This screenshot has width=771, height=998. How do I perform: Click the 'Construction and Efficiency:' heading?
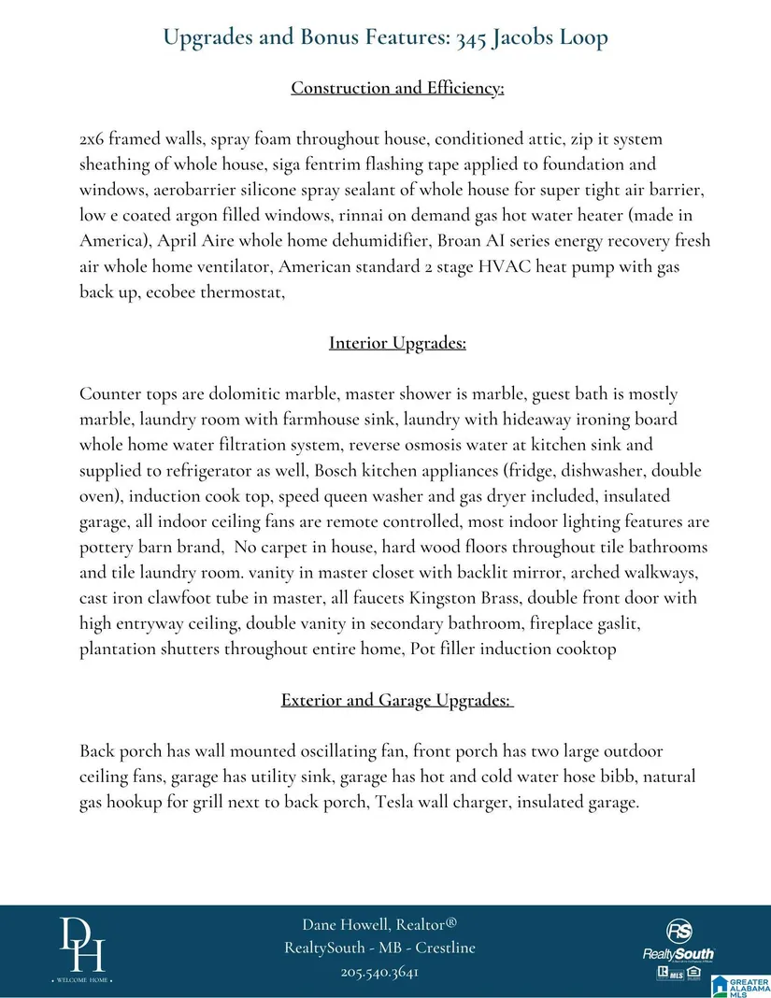click(x=397, y=88)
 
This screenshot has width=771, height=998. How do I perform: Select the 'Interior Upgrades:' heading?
click(x=397, y=343)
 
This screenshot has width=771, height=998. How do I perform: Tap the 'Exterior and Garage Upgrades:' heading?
click(x=397, y=700)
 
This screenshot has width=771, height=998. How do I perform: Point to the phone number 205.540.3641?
click(x=378, y=972)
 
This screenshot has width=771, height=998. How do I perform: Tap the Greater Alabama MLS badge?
click(x=741, y=984)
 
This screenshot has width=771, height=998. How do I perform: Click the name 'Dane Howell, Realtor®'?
click(x=378, y=924)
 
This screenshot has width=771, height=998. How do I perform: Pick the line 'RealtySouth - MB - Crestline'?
click(x=378, y=948)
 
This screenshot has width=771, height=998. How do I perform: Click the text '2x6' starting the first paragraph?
click(x=93, y=139)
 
